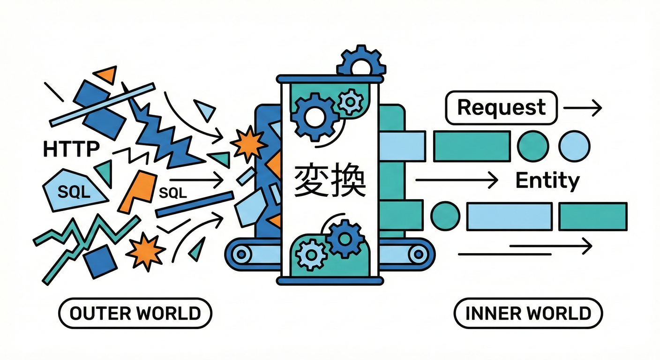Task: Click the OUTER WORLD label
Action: point(135,313)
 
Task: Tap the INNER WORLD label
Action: point(528,313)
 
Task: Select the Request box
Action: point(501,108)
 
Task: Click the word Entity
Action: point(547,180)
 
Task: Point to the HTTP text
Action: point(71,150)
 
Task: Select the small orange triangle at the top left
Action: point(106,74)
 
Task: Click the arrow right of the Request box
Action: point(583,109)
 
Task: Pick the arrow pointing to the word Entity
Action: point(457,180)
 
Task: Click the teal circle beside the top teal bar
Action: point(533,146)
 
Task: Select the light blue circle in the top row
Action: point(574,146)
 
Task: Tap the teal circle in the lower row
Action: point(445,216)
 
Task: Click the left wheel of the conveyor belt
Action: point(242,254)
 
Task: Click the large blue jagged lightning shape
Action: point(162,134)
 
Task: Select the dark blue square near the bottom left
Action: point(100,261)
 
